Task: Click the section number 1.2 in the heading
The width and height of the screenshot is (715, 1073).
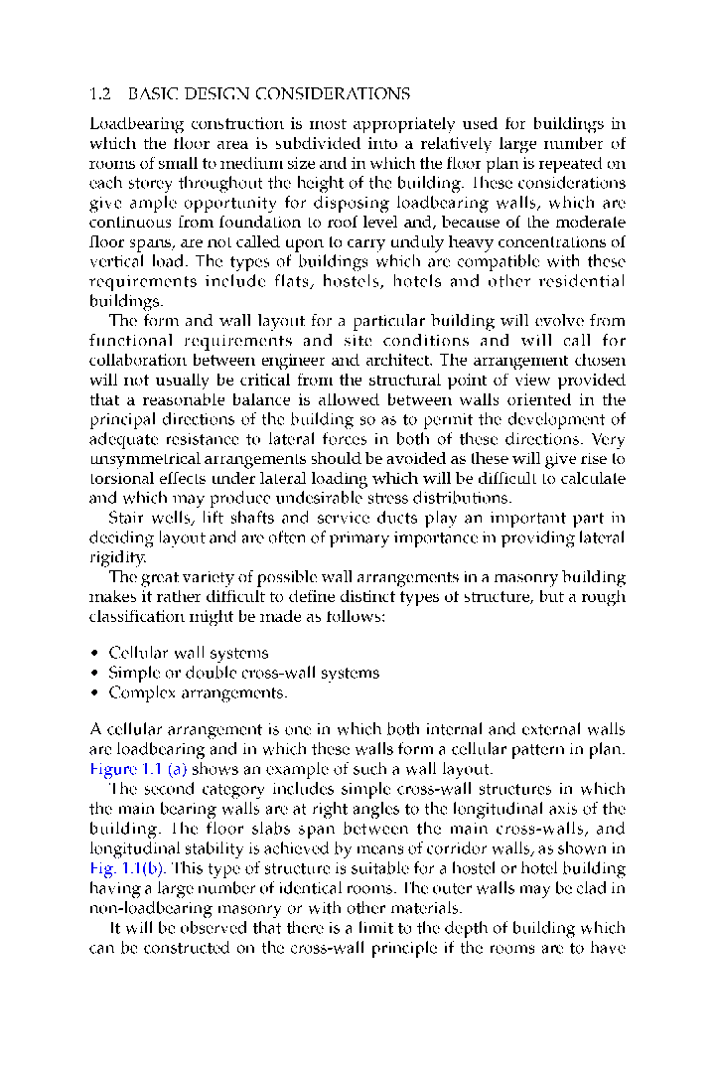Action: point(99,94)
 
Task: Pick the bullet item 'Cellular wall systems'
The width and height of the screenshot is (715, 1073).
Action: point(188,653)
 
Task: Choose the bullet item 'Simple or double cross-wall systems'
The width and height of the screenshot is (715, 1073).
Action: point(243,673)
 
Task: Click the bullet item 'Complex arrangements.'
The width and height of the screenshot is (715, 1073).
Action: point(198,692)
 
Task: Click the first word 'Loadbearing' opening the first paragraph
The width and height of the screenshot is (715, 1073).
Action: point(131,124)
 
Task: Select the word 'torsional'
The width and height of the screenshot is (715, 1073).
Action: point(120,478)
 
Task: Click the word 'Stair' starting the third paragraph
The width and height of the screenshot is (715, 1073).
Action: point(126,518)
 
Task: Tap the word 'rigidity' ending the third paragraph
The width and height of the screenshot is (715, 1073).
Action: point(115,556)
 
